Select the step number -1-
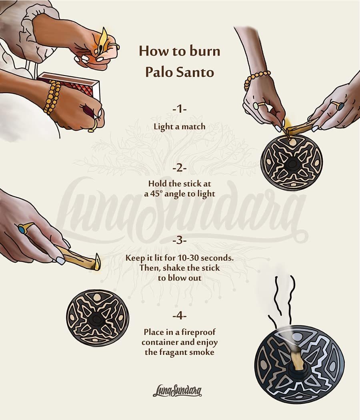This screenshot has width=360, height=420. (x=180, y=109)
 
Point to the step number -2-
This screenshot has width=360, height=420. (x=180, y=168)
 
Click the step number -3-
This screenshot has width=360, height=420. (x=180, y=241)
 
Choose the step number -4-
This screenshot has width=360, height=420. (x=180, y=316)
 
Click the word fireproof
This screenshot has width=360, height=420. (x=198, y=332)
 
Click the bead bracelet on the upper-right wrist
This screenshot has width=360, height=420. (x=256, y=79)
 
